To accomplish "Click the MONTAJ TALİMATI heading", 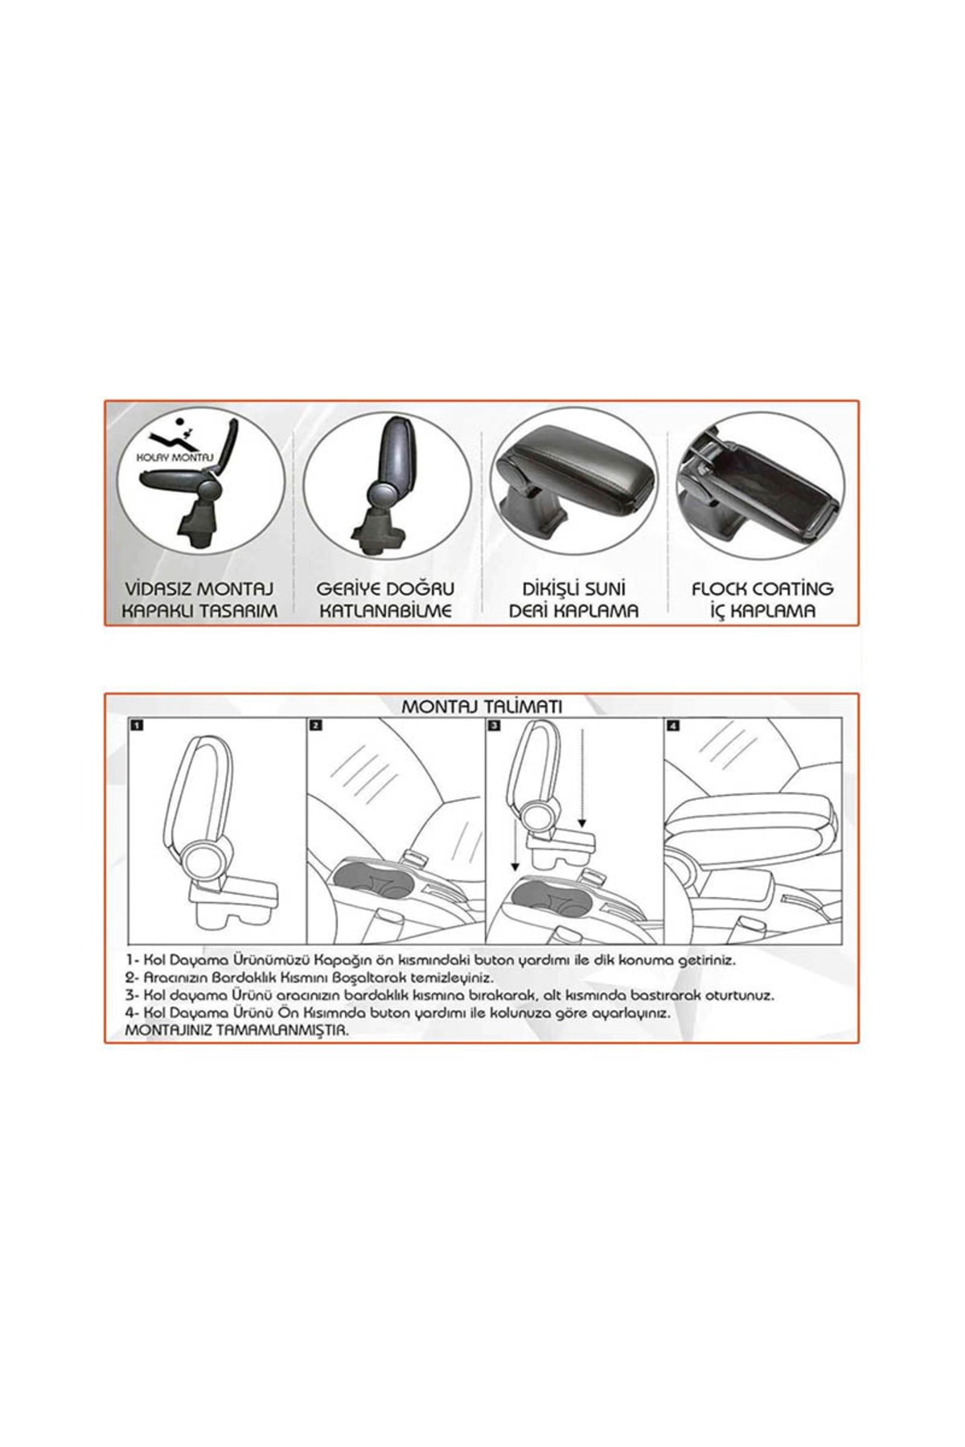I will click(482, 706).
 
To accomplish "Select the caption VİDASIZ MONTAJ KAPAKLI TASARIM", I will click(199, 600).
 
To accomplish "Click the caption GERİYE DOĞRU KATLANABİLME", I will click(385, 600).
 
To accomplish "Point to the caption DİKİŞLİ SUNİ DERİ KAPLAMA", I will click(573, 600).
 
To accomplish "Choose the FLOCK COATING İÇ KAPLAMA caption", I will click(762, 600).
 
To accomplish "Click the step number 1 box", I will click(137, 725).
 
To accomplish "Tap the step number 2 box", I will click(315, 725).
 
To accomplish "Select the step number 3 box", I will click(494, 725).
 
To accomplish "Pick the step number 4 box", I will click(673, 725).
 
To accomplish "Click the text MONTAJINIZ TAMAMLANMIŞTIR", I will click(237, 1030).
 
